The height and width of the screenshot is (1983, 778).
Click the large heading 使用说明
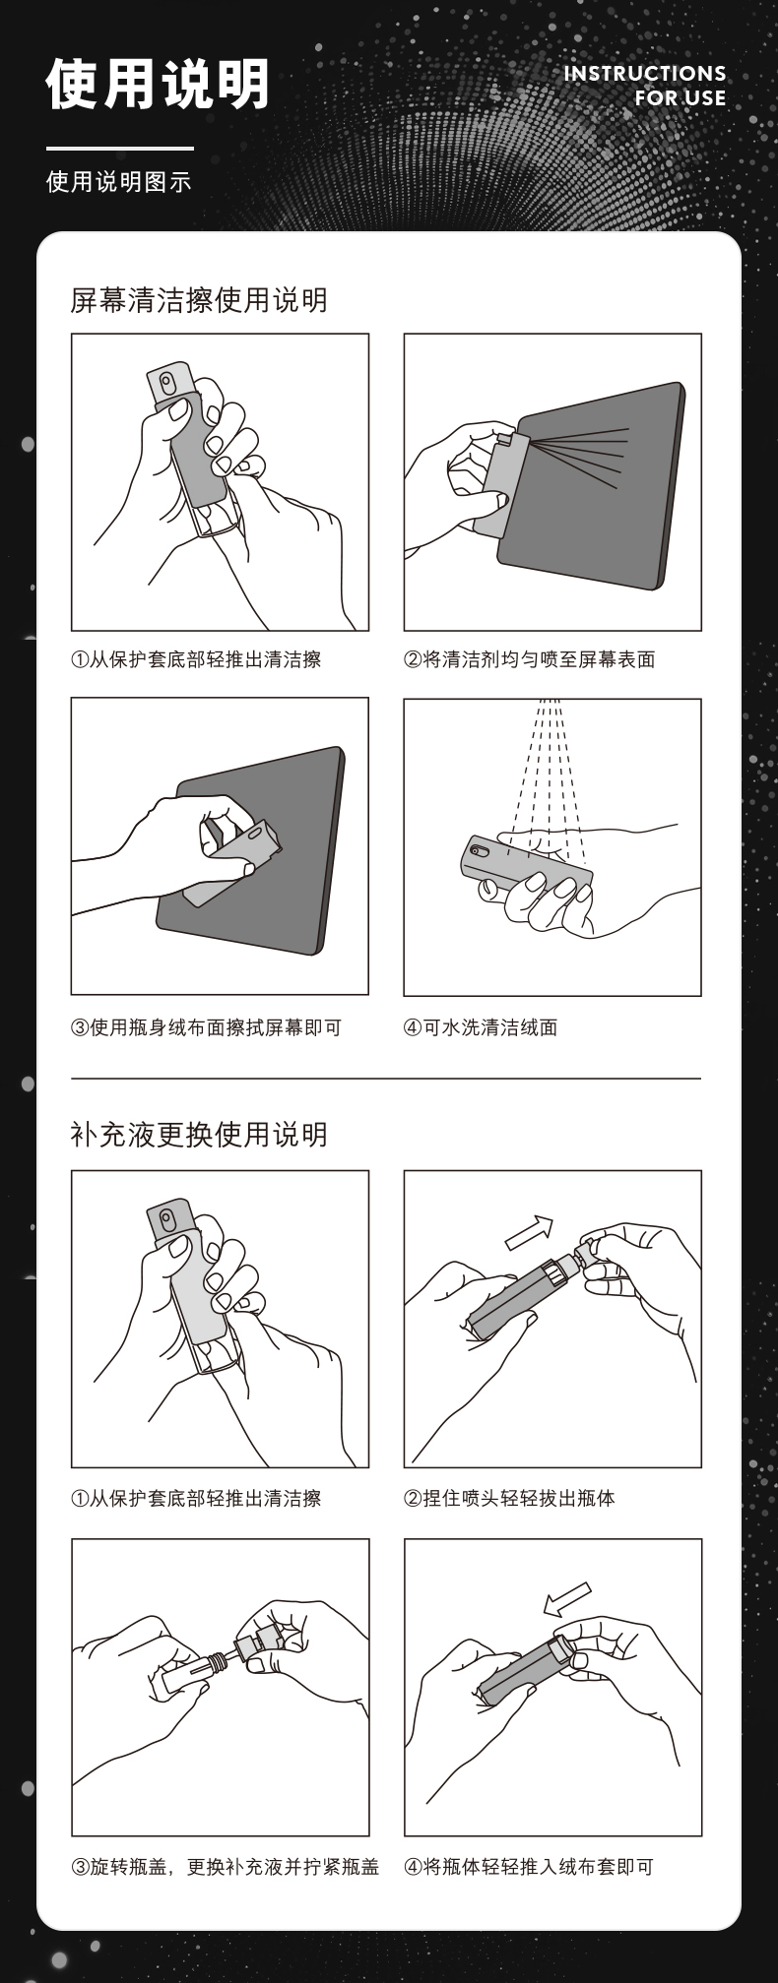click(158, 84)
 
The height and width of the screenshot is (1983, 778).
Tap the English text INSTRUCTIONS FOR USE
click(645, 86)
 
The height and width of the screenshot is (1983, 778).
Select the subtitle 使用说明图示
click(118, 182)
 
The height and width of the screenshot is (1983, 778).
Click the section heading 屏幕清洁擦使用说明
click(199, 300)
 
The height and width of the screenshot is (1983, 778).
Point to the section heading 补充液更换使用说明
click(199, 1135)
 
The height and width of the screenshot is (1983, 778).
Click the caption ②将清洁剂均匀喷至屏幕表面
click(530, 659)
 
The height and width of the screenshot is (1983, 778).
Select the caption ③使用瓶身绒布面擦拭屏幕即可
click(207, 1027)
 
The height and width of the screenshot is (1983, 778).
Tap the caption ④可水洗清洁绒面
click(481, 1027)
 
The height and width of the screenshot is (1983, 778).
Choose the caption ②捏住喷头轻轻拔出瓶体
click(510, 1499)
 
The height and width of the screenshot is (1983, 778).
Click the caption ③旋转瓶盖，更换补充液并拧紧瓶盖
click(226, 1867)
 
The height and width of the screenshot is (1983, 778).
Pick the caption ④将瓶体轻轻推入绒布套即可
click(529, 1867)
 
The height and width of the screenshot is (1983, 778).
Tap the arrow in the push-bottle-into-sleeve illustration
click(566, 1599)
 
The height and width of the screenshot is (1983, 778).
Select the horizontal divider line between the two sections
click(386, 1079)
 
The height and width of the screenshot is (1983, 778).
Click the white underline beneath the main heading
click(120, 149)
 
